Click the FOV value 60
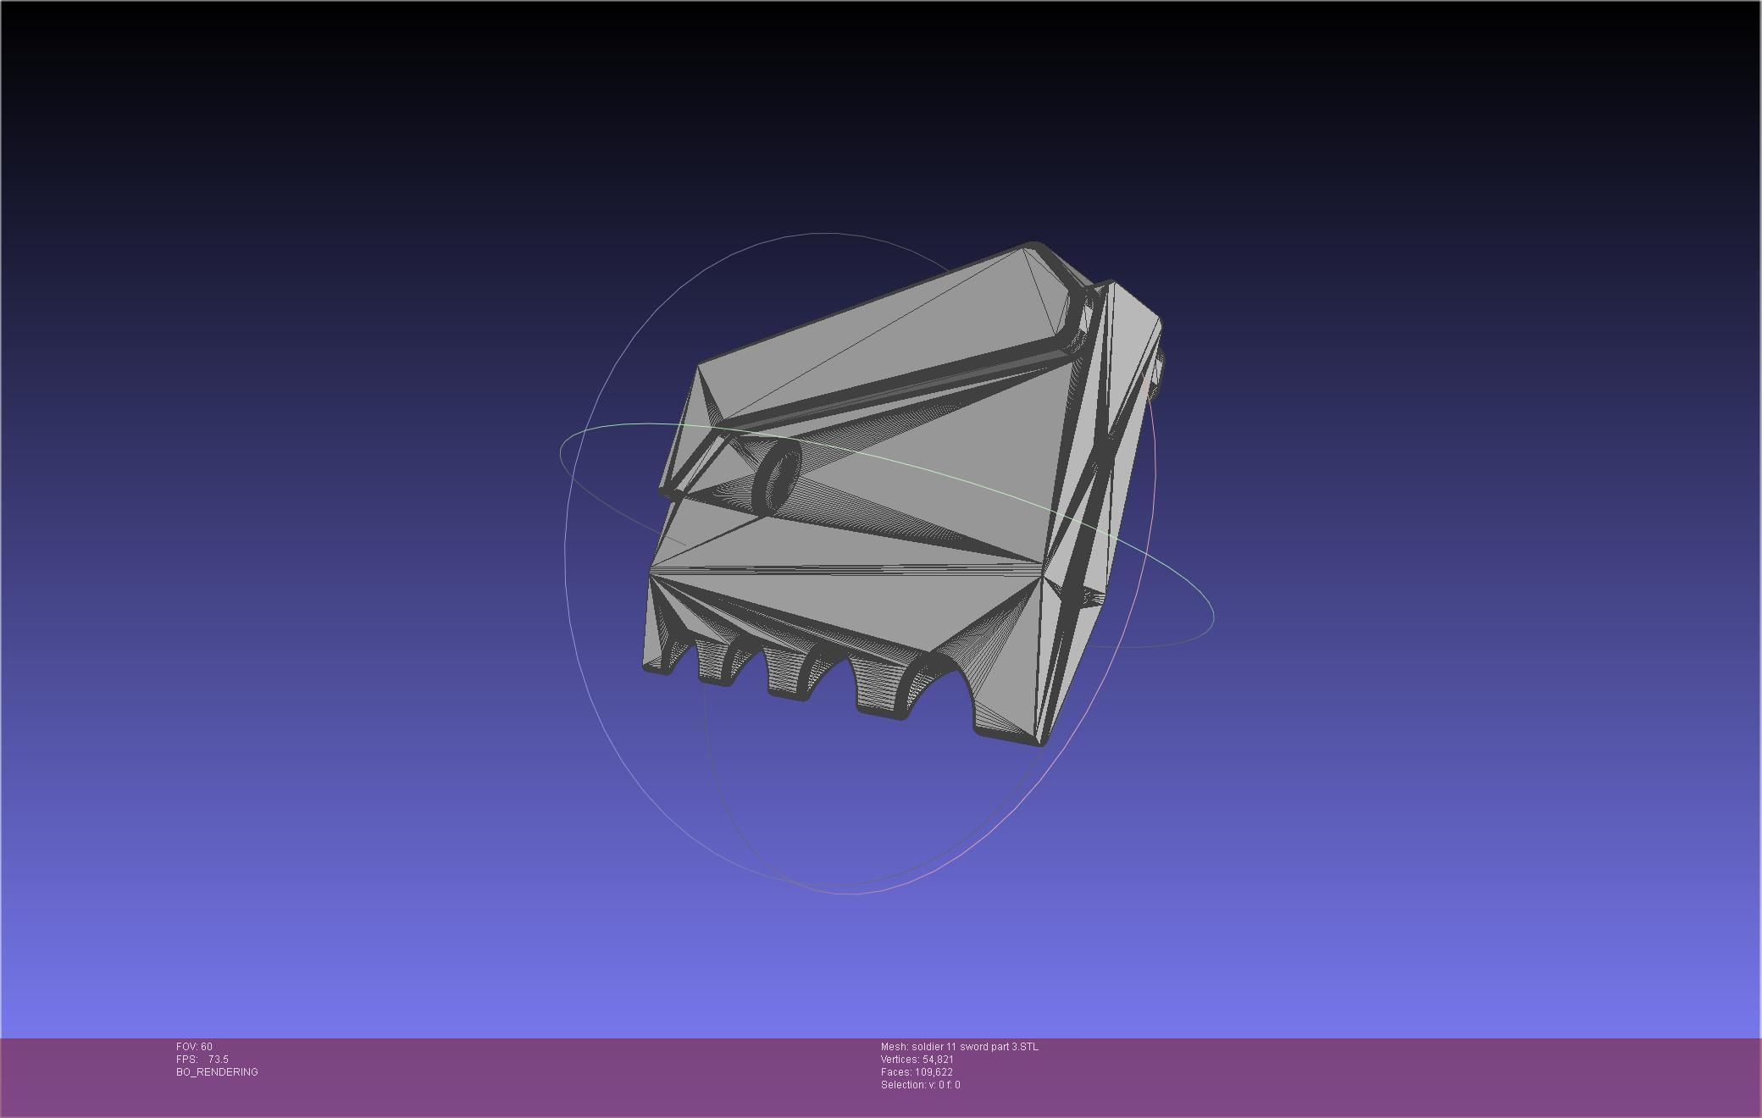tap(207, 1047)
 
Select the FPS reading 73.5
tap(218, 1060)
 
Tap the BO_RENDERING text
tap(217, 1072)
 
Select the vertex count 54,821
tap(938, 1060)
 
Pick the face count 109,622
tap(934, 1072)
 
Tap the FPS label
tap(186, 1060)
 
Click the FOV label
tap(187, 1047)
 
